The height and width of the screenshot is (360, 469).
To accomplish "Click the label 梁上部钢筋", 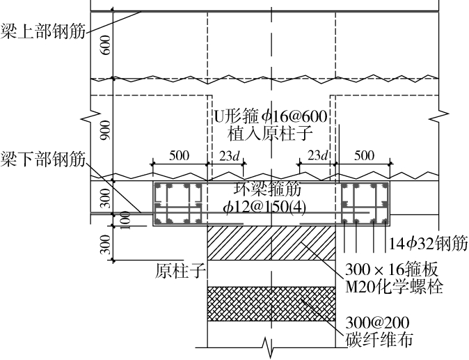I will click(x=41, y=32).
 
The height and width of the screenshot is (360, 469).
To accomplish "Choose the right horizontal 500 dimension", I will click(x=364, y=156).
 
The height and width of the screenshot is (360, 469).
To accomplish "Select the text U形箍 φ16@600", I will click(x=271, y=114).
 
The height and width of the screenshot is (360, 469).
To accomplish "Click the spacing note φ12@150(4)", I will click(x=271, y=208).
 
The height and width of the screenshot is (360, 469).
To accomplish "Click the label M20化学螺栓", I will click(x=394, y=285).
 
